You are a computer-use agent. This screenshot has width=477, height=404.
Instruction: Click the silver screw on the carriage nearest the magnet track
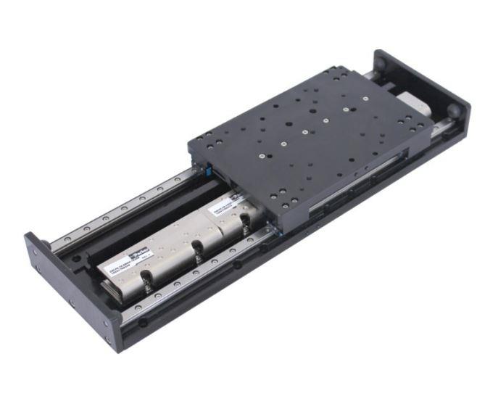(260, 156)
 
